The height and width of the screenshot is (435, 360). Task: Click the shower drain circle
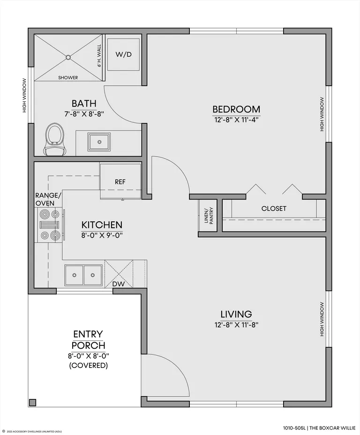click(68, 58)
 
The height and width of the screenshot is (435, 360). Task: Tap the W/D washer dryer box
click(123, 54)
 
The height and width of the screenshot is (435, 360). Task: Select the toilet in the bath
click(55, 139)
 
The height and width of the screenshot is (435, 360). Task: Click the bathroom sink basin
click(99, 142)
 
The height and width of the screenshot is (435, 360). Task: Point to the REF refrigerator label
click(120, 182)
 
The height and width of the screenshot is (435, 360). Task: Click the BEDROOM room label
click(236, 109)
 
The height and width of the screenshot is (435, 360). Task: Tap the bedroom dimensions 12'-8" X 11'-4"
click(236, 120)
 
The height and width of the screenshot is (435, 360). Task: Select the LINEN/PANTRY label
click(208, 216)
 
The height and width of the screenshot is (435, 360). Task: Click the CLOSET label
click(274, 208)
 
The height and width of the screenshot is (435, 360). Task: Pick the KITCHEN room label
click(102, 225)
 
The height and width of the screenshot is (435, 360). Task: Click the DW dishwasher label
click(119, 284)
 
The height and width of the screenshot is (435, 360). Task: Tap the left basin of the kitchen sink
click(75, 275)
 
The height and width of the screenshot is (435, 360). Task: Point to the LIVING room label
click(236, 314)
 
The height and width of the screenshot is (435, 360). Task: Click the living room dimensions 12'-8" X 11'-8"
click(236, 324)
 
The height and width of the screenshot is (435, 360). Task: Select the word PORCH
click(89, 345)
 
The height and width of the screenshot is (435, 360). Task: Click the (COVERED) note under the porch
click(89, 365)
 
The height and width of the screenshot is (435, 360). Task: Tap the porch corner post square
click(33, 402)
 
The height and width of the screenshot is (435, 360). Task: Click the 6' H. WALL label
click(99, 56)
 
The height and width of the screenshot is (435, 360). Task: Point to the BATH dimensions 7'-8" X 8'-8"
click(84, 114)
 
